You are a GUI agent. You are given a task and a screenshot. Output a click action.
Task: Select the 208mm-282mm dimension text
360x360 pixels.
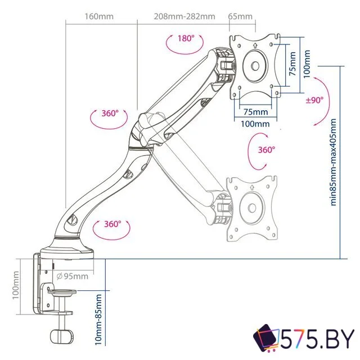click(184, 16)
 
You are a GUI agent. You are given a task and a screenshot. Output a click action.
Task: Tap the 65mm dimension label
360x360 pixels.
click(240, 16)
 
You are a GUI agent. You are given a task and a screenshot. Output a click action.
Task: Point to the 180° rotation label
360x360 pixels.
click(186, 39)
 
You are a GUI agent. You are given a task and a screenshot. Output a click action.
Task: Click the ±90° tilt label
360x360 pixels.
click(315, 100)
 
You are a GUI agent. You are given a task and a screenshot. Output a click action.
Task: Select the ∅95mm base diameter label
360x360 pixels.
click(73, 276)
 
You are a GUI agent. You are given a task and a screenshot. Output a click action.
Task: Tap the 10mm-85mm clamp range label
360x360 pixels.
click(99, 319)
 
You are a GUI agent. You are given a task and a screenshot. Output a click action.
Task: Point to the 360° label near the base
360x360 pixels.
click(112, 224)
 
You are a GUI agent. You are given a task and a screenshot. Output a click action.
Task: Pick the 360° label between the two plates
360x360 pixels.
click(266, 150)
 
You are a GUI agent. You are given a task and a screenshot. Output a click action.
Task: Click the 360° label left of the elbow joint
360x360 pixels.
click(110, 113)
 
